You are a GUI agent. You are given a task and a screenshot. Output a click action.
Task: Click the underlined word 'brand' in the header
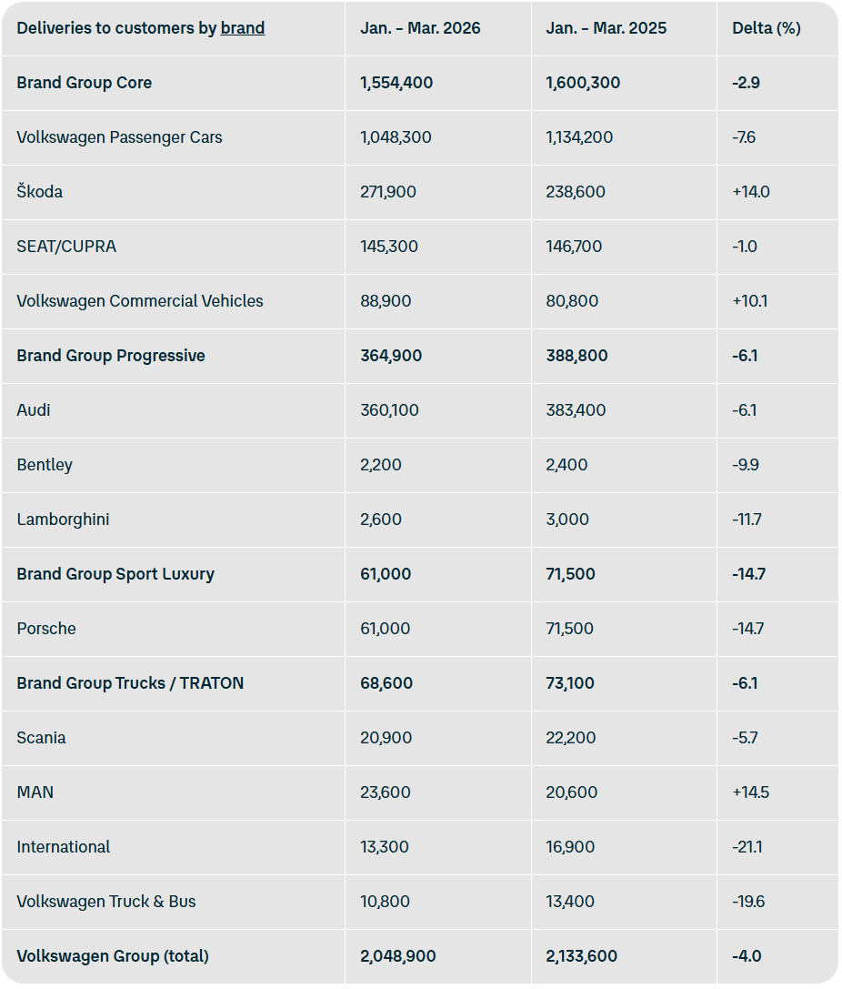tap(243, 28)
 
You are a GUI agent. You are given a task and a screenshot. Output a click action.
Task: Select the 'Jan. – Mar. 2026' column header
tap(420, 28)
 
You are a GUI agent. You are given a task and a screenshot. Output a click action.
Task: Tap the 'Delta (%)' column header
tap(766, 28)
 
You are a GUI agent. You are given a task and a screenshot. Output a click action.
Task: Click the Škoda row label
tap(40, 192)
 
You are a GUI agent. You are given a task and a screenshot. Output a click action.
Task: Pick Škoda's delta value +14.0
tap(750, 192)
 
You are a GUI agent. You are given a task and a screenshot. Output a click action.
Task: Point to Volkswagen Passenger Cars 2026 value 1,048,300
tap(396, 137)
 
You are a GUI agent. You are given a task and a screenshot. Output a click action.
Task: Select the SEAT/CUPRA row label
tap(66, 247)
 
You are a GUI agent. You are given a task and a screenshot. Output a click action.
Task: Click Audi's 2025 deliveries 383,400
tap(576, 410)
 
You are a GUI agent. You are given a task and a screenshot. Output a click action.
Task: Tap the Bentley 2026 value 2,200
tap(380, 465)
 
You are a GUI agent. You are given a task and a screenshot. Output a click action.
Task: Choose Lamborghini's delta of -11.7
tap(747, 520)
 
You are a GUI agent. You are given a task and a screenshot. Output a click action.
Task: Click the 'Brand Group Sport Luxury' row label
tap(115, 574)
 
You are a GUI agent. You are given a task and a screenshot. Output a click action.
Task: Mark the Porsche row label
tap(46, 629)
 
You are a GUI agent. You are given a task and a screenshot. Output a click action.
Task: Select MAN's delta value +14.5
tap(750, 792)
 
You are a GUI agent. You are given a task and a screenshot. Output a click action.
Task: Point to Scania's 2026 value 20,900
tap(386, 738)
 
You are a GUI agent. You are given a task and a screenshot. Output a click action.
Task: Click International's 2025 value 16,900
tap(572, 847)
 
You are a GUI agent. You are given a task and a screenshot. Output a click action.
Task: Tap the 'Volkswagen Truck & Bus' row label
tap(106, 902)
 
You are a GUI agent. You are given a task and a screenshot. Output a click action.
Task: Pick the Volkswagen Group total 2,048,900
tap(397, 956)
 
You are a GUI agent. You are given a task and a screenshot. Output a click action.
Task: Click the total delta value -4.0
tap(746, 956)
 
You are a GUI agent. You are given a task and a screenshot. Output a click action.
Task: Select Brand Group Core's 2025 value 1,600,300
tap(583, 83)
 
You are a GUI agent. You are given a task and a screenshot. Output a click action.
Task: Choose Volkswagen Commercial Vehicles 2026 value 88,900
tap(386, 301)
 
